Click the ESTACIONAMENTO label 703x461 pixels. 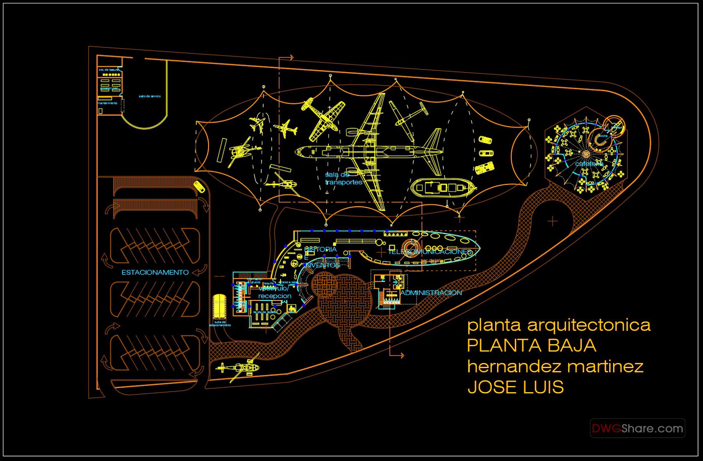pyautogui.click(x=155, y=272)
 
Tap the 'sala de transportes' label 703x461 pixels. pyautogui.click(x=343, y=179)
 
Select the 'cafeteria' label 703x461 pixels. pyautogui.click(x=589, y=164)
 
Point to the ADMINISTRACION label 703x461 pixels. pyautogui.click(x=431, y=293)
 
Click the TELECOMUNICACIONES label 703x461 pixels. pyautogui.click(x=430, y=252)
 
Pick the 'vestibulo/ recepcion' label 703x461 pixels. pyautogui.click(x=275, y=292)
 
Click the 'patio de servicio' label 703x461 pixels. pyautogui.click(x=150, y=96)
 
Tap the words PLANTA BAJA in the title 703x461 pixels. pyautogui.click(x=532, y=345)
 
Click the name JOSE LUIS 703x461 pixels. pyautogui.click(x=516, y=387)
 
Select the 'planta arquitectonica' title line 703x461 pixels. pyautogui.click(x=559, y=325)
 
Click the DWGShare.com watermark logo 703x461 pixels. pyautogui.click(x=637, y=428)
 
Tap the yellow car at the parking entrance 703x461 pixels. pyautogui.click(x=199, y=187)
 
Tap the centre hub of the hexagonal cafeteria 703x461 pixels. pyautogui.click(x=586, y=154)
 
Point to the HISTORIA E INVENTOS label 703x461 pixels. pyautogui.click(x=321, y=257)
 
